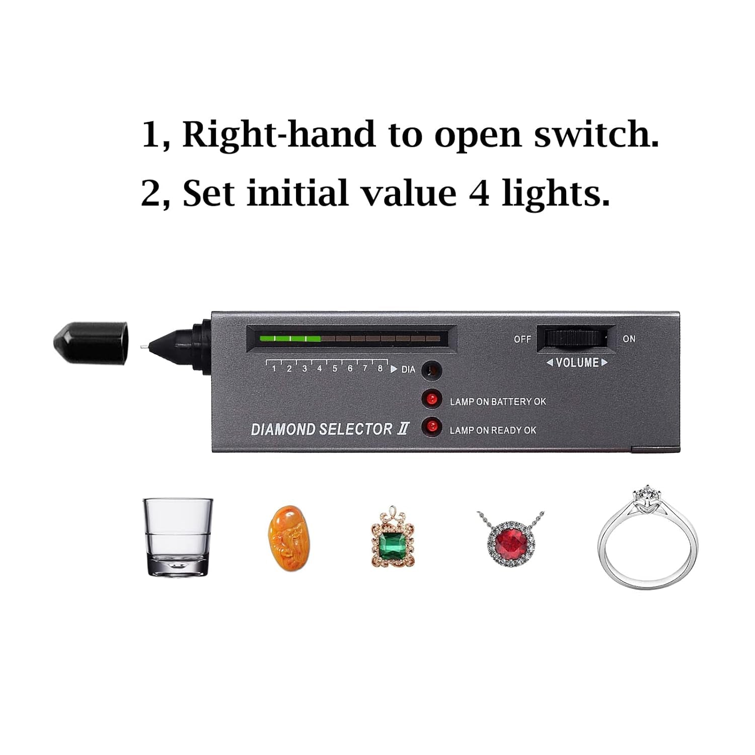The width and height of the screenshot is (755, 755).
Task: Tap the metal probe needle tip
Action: point(142,347)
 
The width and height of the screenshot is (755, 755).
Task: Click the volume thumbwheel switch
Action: point(576,338)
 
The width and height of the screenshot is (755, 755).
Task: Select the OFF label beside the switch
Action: point(522,339)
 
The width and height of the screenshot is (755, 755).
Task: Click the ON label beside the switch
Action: point(629,339)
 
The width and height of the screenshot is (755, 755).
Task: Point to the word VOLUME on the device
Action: point(577,362)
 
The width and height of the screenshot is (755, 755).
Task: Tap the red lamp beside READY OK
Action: point(432,427)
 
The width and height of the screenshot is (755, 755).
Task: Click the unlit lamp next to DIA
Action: point(432,371)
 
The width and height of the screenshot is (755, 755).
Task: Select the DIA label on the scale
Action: point(408,370)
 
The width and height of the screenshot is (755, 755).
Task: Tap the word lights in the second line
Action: point(556,194)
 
